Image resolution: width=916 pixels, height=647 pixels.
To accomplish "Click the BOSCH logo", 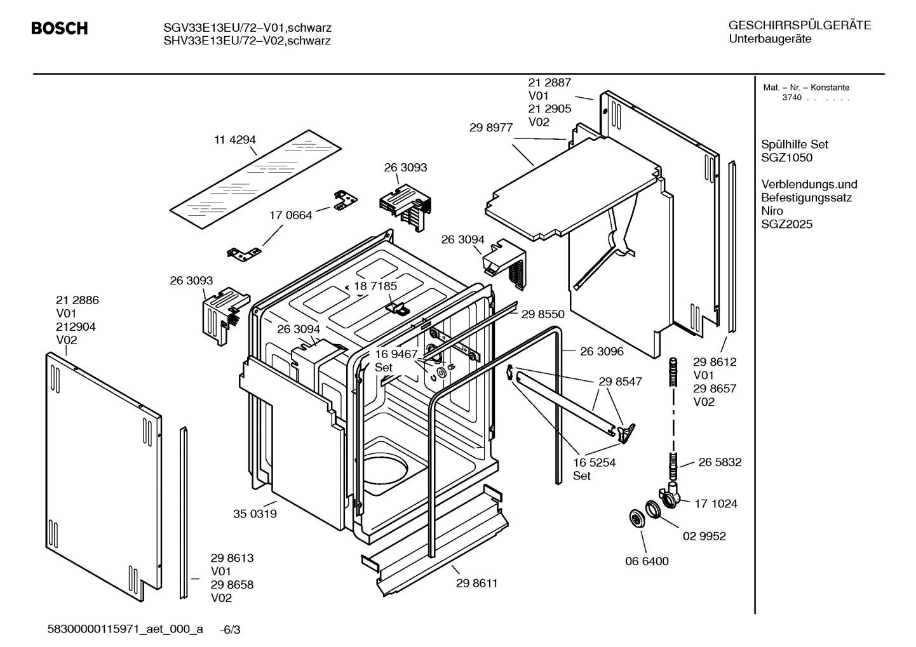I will pos(59,29).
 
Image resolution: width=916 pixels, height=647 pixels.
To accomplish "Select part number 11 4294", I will pos(234,140).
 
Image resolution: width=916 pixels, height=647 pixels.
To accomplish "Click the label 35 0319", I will pos(255,514).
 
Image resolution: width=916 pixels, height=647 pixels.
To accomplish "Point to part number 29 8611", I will pos(476,583).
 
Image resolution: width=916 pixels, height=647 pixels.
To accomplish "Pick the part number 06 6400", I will pos(647,561).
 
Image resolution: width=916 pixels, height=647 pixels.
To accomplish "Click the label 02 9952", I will pos(704,536).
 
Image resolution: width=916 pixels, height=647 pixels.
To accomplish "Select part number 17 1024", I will pos(715,504).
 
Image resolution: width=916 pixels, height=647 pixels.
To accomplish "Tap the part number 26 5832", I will pos(720,462).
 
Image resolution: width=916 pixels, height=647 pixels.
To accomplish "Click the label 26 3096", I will pos(602,351).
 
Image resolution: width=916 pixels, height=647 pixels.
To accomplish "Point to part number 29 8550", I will pos(542,314).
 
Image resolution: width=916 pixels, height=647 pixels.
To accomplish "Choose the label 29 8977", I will pos(491,127).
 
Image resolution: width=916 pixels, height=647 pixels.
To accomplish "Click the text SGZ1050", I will pos(786,157).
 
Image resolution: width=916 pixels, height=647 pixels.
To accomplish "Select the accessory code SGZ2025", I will pos(786,224).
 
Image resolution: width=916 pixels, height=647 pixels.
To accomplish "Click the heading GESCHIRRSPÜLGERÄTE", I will pos(799,25).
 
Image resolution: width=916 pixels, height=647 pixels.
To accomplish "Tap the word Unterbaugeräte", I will pos(770,39).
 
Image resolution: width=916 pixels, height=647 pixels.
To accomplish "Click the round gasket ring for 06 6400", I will pos(635,518).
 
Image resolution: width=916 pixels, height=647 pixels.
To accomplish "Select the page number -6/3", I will pos(230,630).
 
